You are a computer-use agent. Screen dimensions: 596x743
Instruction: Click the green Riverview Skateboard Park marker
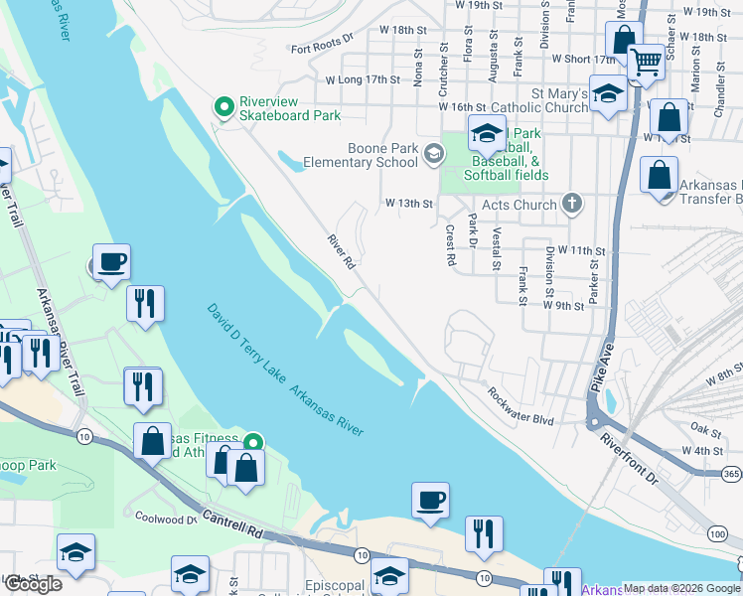click(223, 103)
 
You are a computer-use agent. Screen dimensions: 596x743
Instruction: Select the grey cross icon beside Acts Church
click(570, 204)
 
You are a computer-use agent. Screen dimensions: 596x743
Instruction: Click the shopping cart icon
click(646, 62)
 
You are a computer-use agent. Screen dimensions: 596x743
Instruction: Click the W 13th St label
click(409, 204)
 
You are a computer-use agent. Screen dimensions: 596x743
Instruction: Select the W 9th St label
click(563, 306)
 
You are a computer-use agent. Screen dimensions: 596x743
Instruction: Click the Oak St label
click(706, 429)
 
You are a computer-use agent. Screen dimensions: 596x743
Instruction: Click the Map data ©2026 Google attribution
click(680, 588)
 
